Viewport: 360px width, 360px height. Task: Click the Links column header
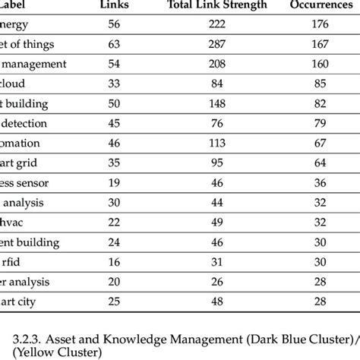click(x=115, y=5)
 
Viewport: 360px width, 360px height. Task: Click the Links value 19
click(x=115, y=183)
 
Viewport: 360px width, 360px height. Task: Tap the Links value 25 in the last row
click(x=115, y=302)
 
